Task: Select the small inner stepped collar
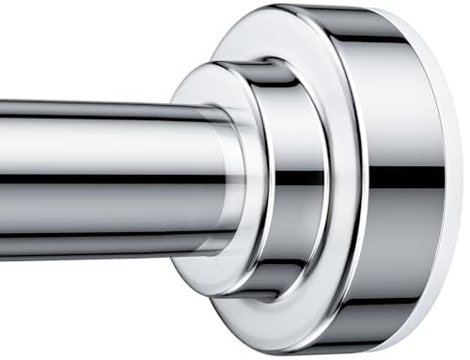tap(282, 179)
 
